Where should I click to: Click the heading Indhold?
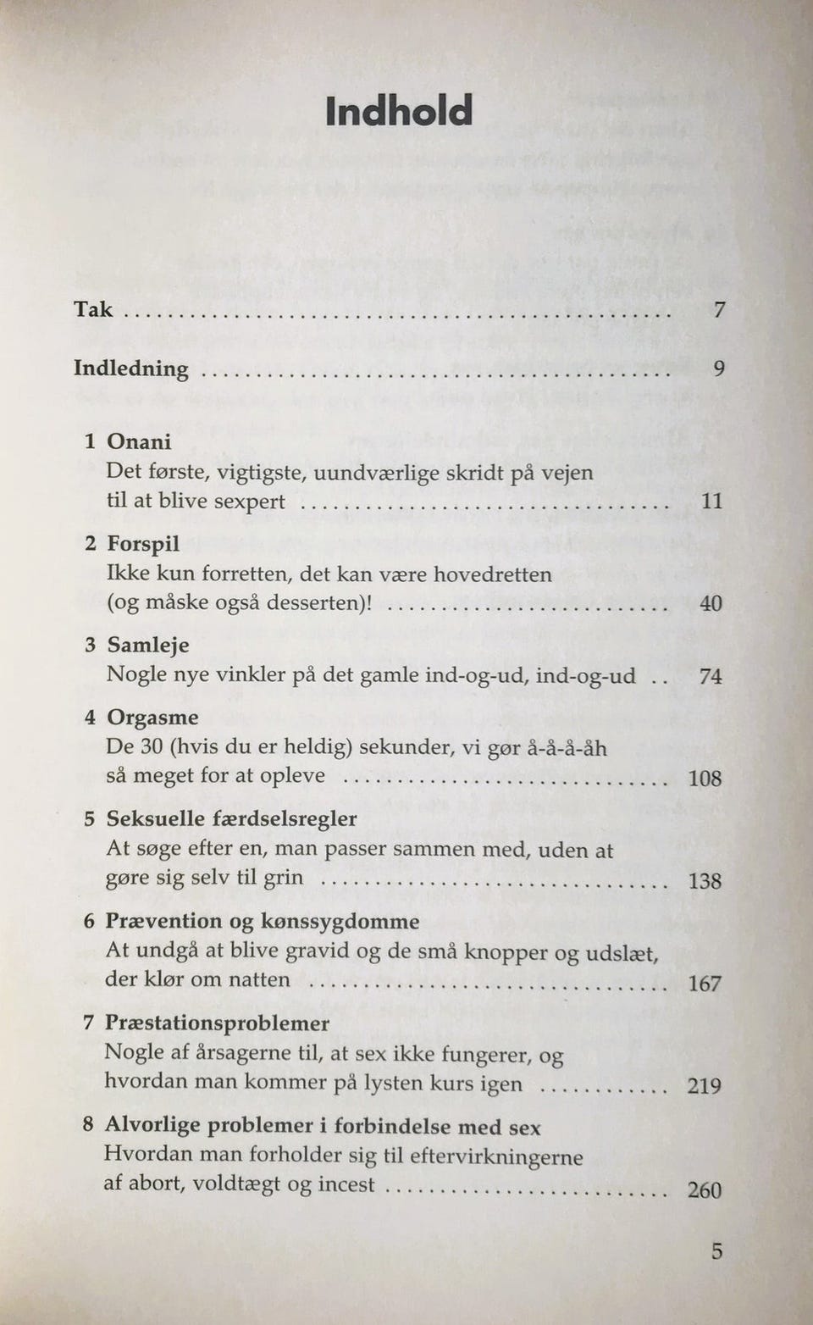399,111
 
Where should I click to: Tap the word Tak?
92,309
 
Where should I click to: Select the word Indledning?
131,369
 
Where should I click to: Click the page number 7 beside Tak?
718,310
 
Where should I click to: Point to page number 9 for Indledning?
718,369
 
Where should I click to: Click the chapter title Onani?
139,441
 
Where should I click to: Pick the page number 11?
712,501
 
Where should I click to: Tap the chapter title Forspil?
143,544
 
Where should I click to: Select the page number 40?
711,603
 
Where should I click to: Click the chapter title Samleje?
148,646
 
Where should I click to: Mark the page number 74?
711,676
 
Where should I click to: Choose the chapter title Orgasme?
152,718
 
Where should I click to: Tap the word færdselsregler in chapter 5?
285,819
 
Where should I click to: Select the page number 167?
705,984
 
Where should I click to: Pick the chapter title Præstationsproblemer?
217,1023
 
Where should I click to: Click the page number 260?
704,1190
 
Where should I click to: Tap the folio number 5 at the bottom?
716,1251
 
